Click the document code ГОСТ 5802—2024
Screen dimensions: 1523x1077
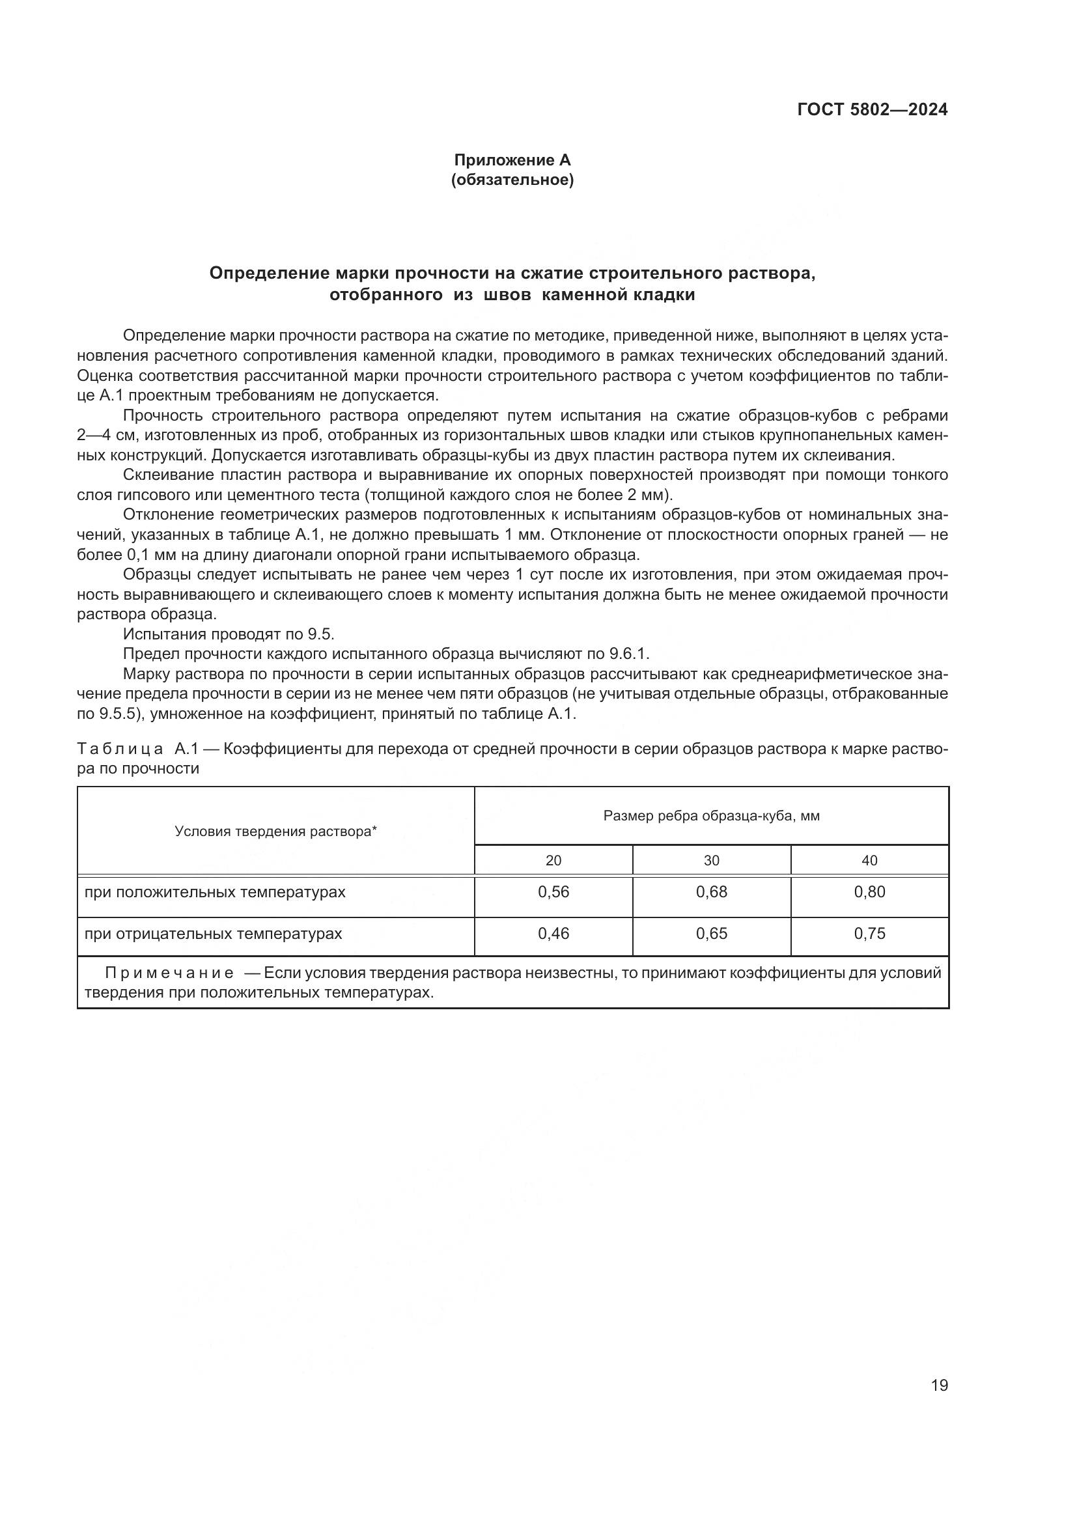[x=872, y=110]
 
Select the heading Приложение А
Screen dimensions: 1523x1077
[x=512, y=160]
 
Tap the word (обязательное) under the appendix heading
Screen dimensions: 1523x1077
[x=512, y=180]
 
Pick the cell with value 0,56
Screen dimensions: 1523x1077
[x=553, y=892]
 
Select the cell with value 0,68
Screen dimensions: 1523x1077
[x=712, y=892]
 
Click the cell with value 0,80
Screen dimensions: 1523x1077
[x=869, y=892]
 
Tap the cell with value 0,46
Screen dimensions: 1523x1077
[x=553, y=934]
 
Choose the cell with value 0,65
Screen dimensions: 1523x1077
[x=712, y=934]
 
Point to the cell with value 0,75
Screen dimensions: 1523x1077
[x=869, y=934]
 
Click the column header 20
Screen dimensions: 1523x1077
[x=553, y=860]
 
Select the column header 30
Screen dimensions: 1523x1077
[x=712, y=860]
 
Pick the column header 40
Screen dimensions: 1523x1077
[x=869, y=860]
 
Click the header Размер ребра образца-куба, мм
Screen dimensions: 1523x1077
[x=712, y=816]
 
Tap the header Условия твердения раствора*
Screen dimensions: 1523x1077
[x=276, y=831]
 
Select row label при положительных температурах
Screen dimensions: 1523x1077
[x=215, y=892]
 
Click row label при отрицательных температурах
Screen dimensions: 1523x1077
[x=213, y=934]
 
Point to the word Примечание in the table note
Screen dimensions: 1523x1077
[x=169, y=973]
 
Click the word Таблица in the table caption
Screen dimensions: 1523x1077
[x=119, y=749]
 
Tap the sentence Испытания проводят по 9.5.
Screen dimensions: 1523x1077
[x=229, y=634]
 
